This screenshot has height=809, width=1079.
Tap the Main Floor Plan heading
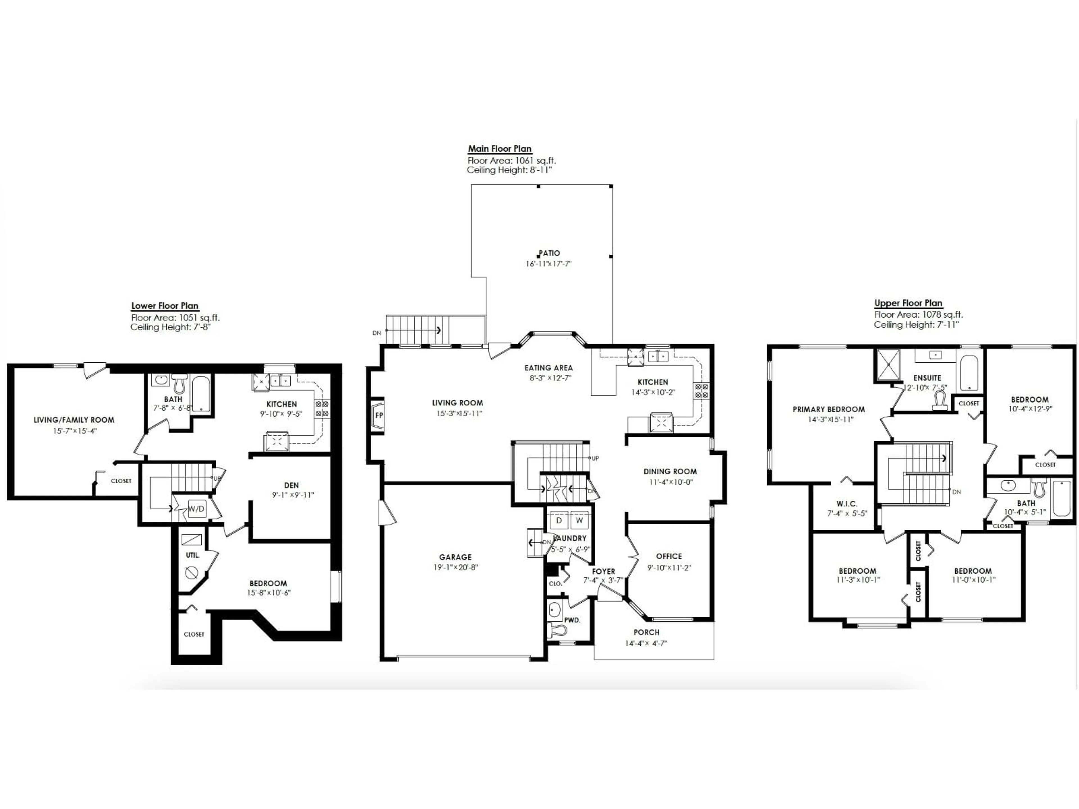click(500, 149)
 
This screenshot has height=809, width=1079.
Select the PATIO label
click(549, 253)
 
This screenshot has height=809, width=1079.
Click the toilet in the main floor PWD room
click(557, 630)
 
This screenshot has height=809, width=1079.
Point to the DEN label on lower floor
click(291, 485)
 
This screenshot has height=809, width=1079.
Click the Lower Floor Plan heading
click(165, 306)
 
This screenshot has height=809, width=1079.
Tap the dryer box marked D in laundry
click(559, 520)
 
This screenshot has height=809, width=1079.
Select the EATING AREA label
click(548, 368)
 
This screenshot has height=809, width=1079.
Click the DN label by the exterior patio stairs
click(377, 333)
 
